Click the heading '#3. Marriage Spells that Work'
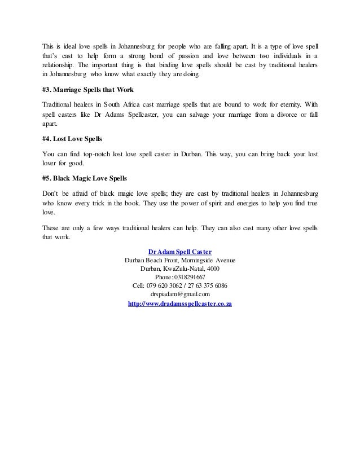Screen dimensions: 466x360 [87, 90]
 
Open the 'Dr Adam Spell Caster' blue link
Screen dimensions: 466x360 [179, 251]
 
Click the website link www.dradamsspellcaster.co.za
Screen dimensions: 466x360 [181, 303]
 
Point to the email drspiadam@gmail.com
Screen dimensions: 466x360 [180, 294]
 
